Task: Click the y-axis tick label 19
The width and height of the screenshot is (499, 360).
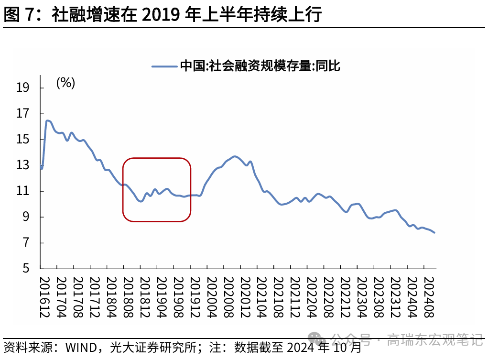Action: point(22,88)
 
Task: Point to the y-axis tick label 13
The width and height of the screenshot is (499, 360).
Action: point(22,165)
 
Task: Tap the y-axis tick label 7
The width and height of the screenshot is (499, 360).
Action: point(25,243)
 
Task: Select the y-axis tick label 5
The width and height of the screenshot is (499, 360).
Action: point(25,269)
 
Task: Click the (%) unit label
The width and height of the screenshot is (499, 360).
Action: point(65,83)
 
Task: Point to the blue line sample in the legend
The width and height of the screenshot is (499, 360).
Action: point(164,66)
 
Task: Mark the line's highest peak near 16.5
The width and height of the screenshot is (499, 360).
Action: point(47,120)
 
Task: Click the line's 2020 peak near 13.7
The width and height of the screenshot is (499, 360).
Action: point(234,156)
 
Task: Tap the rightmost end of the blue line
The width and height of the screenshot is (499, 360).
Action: point(434,232)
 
